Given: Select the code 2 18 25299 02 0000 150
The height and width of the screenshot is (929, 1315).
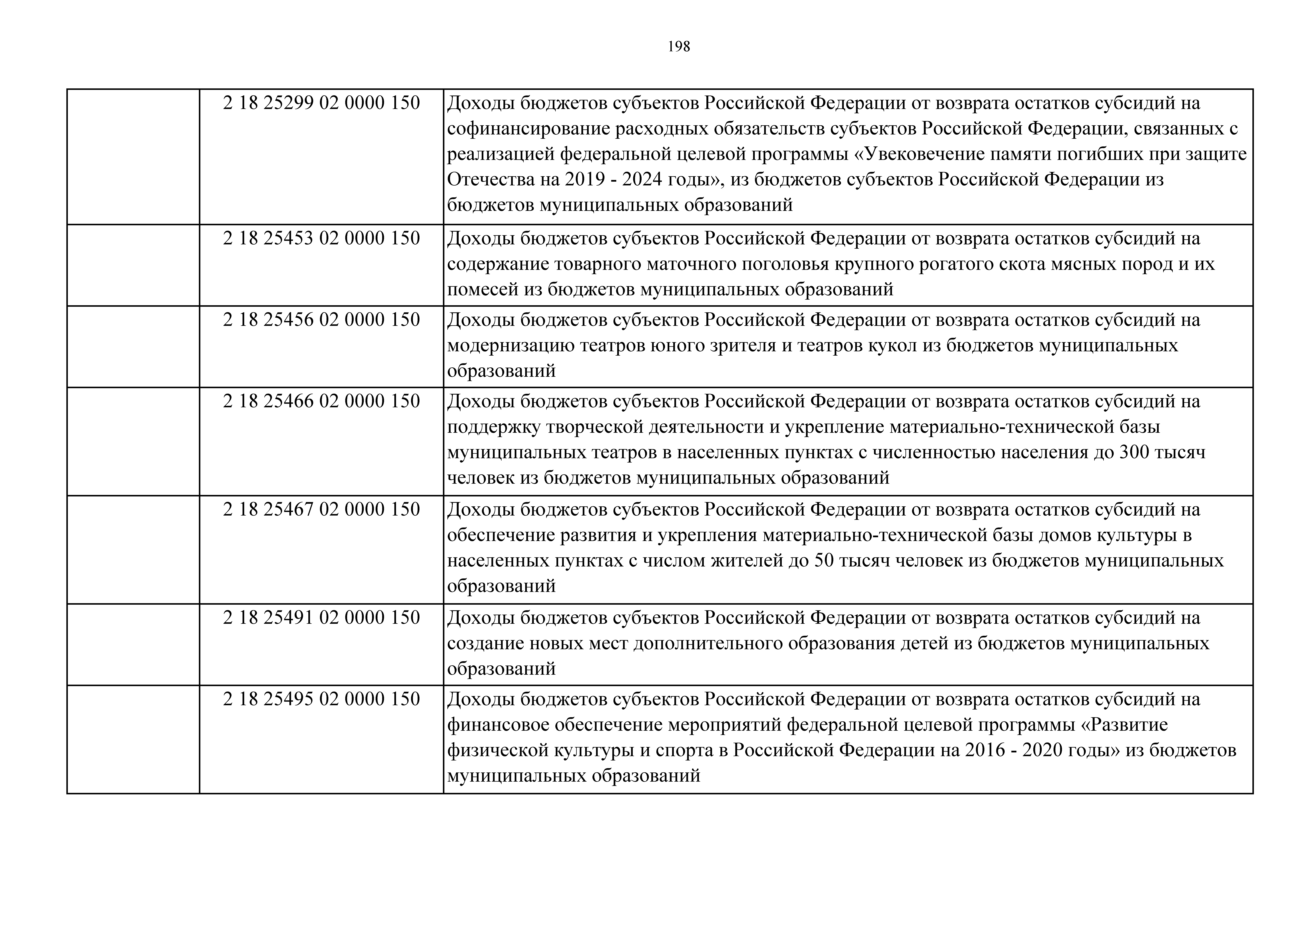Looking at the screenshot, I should [321, 103].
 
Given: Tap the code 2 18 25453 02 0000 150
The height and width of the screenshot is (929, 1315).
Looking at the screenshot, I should [321, 238].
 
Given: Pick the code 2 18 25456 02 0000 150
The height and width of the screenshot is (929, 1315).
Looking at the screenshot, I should [321, 319].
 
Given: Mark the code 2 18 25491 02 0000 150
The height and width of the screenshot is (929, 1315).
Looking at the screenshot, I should [321, 618].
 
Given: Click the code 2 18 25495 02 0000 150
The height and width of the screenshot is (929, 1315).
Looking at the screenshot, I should [321, 699].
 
